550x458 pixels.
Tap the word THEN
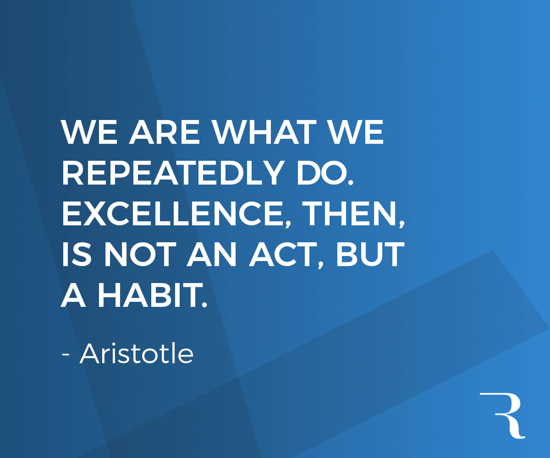coord(356,214)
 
